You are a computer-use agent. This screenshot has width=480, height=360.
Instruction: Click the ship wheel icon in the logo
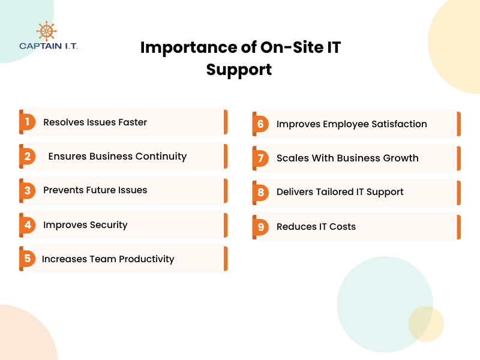[46, 31]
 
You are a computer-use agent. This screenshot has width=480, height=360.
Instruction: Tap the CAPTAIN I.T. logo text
[48, 46]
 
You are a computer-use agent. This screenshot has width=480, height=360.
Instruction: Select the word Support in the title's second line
[239, 70]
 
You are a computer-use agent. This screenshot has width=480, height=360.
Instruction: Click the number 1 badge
[27, 122]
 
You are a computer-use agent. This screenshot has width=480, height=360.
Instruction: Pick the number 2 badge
[27, 157]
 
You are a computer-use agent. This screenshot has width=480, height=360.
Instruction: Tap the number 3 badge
[27, 190]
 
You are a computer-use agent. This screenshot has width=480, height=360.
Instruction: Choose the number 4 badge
[27, 225]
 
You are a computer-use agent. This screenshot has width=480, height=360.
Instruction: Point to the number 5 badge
[27, 259]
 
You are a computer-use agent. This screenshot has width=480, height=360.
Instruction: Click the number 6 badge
[260, 124]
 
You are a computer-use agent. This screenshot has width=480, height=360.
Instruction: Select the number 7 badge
[260, 158]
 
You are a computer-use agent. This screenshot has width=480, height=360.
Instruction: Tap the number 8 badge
[260, 193]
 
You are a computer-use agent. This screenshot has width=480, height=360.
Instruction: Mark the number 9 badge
[260, 227]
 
